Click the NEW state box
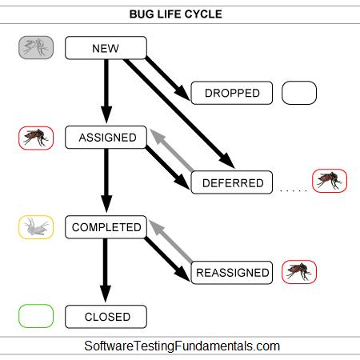[106, 48]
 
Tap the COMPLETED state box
[106, 227]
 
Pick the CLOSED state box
[106, 317]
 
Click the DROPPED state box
[232, 93]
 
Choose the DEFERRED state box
[232, 182]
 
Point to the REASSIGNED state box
[232, 272]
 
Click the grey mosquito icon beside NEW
[36, 48]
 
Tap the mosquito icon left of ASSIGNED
[36, 138]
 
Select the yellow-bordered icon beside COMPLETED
[36, 227]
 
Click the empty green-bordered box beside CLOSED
[36, 317]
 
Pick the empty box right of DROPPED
[299, 93]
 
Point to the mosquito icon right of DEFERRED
[330, 181]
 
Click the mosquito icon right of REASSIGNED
[299, 272]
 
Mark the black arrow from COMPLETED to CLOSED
[106, 272]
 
